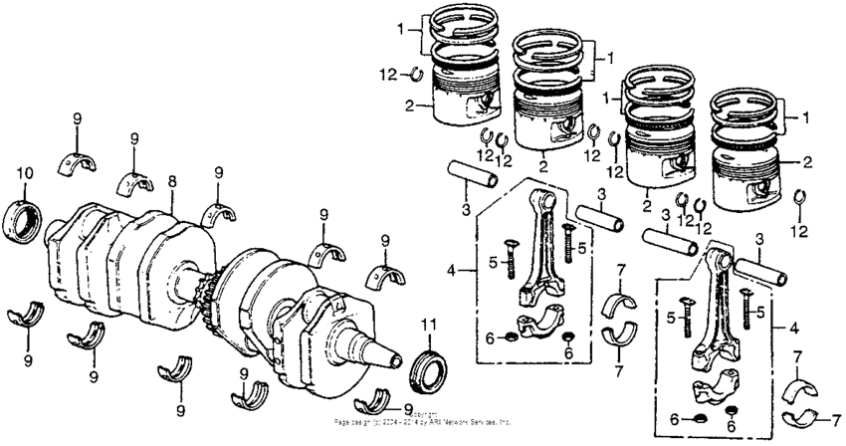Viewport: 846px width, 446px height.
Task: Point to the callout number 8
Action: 171,181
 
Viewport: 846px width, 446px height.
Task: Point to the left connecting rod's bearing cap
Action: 536,327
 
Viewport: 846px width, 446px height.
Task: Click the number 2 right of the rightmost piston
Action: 807,160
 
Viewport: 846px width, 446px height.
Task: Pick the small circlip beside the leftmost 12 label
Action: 418,73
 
